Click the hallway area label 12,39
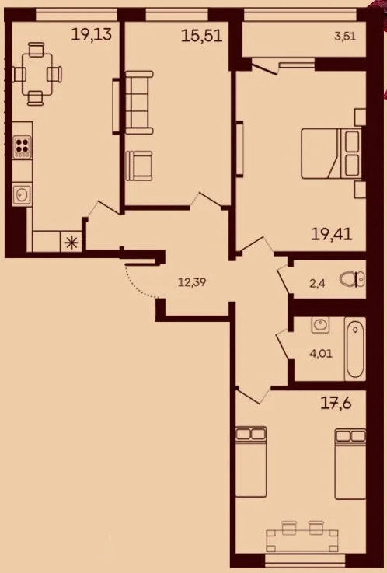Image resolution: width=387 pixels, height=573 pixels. [x=194, y=281]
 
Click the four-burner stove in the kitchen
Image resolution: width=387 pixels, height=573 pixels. [x=22, y=146]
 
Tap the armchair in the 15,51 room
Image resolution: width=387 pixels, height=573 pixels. [x=141, y=165]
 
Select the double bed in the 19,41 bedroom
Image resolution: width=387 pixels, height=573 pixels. [x=330, y=154]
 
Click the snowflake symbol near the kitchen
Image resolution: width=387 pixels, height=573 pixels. [x=74, y=241]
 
